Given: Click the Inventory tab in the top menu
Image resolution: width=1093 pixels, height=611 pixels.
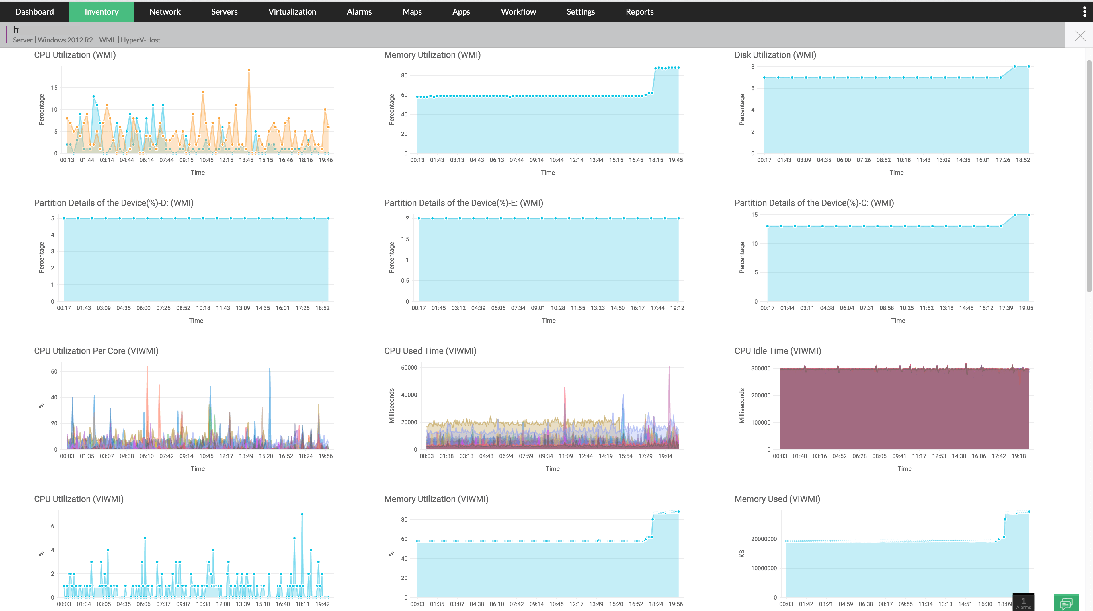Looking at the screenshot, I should [101, 11].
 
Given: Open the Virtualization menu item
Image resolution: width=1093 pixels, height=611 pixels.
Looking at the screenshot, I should [292, 11].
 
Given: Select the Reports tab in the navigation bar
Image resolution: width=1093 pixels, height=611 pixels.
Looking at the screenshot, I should [639, 11].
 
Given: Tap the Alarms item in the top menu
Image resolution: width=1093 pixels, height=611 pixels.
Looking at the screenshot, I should [359, 11].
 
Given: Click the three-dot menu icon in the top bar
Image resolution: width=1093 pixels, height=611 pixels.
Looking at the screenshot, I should [1084, 11].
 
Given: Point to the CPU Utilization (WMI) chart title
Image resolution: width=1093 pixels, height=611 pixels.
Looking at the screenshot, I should [75, 55].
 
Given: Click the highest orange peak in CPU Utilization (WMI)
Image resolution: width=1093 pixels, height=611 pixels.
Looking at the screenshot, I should [249, 70].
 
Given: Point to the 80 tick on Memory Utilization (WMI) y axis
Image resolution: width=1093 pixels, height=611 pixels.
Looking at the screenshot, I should [404, 75].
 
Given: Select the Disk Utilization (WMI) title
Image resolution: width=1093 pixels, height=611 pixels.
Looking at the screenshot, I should [775, 55].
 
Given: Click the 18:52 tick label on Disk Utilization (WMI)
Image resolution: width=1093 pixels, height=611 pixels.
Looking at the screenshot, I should [1023, 160].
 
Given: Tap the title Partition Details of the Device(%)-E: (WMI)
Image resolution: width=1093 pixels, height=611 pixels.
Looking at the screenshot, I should [463, 203].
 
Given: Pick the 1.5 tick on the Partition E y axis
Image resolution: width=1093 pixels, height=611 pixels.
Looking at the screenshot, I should [405, 239].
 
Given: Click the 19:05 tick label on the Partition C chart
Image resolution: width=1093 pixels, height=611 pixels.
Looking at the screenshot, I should [1026, 308].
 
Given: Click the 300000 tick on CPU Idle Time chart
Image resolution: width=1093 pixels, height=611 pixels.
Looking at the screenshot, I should [760, 368].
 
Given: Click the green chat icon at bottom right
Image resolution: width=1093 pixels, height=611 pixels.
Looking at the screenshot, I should [1066, 603].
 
